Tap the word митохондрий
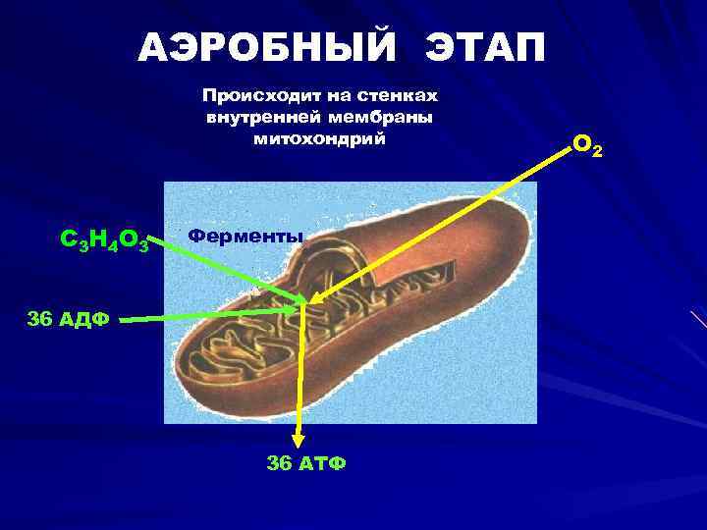click(320, 139)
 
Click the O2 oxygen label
click(587, 146)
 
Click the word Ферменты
click(245, 237)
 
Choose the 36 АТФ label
click(306, 462)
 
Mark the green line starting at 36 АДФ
click(206, 315)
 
